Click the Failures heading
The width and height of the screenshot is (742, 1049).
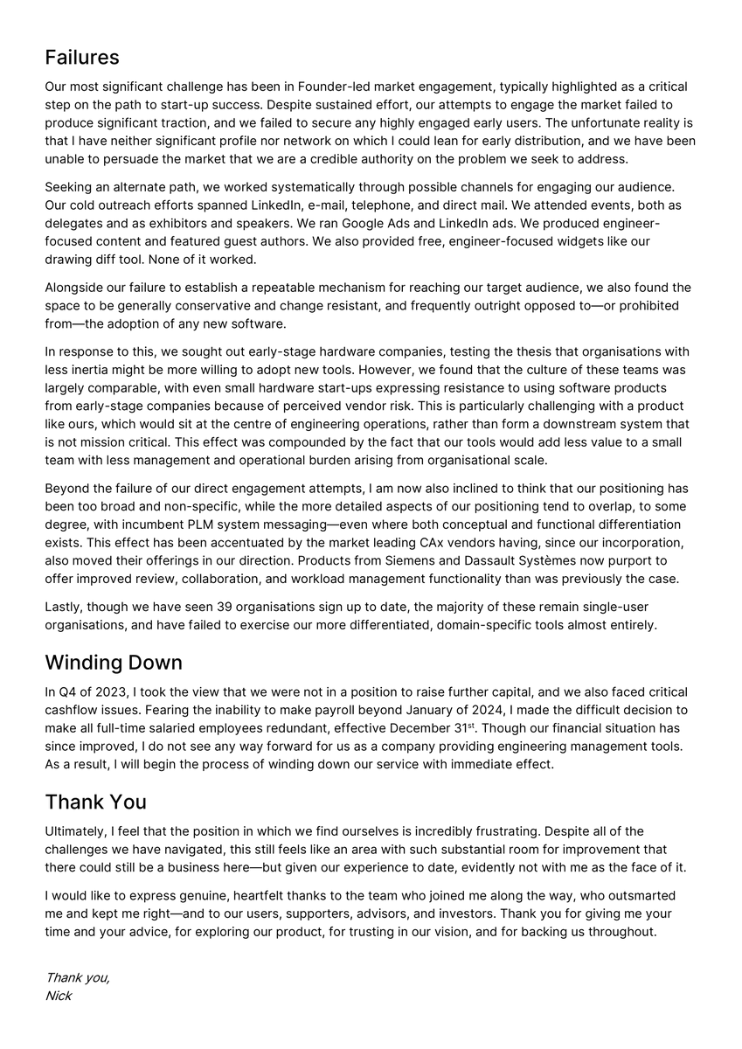(82, 58)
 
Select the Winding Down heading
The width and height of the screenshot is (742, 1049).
(114, 662)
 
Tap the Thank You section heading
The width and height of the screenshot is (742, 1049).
(96, 802)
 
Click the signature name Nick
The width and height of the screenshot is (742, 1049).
(59, 996)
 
